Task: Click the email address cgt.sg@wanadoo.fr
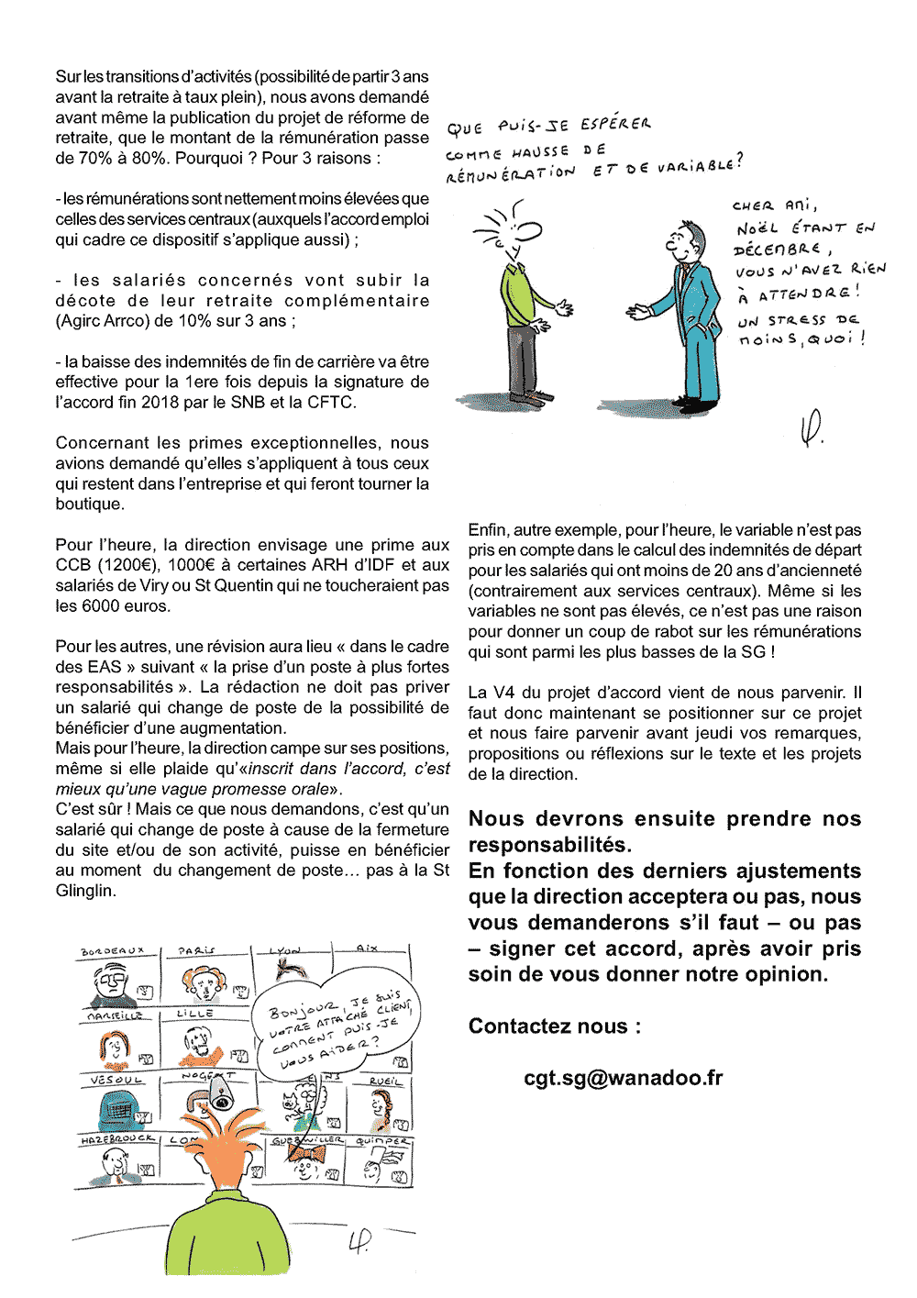point(623,1078)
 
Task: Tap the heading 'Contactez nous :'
point(555,1026)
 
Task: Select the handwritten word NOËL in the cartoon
point(757,228)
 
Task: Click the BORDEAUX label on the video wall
point(112,951)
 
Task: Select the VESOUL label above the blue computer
point(116,1081)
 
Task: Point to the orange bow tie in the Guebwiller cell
point(305,1152)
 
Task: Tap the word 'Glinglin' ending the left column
point(84,891)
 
